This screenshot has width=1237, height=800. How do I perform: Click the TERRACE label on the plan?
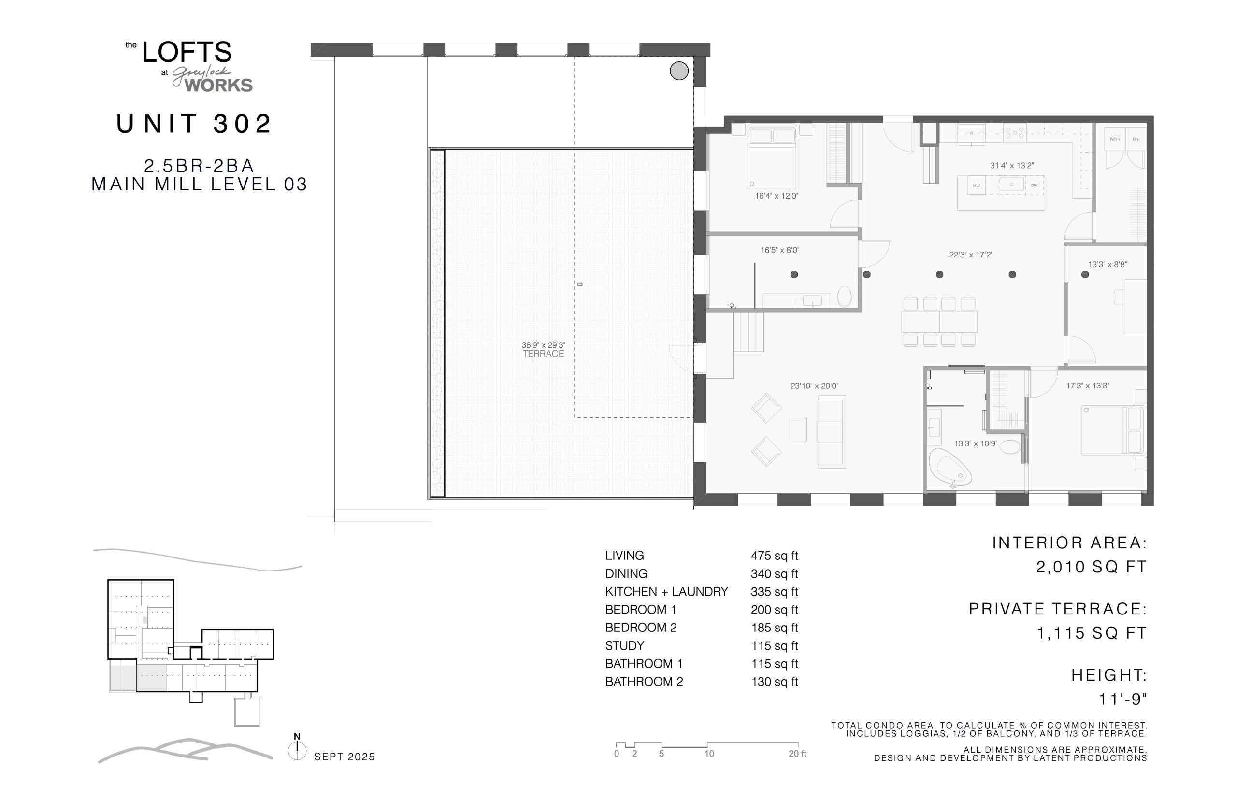click(x=543, y=354)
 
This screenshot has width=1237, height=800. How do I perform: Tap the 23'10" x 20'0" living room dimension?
click(x=814, y=386)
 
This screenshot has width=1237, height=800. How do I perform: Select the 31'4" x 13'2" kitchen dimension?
click(x=1011, y=166)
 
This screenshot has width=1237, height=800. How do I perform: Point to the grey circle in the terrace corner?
click(x=678, y=71)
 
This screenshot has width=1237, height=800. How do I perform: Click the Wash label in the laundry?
click(x=1114, y=139)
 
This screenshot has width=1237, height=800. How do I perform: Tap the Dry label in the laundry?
click(x=1136, y=139)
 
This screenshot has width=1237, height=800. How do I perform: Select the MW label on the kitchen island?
click(x=976, y=186)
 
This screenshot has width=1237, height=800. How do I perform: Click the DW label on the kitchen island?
click(x=1034, y=186)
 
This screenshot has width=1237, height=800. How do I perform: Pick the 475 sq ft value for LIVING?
click(x=774, y=556)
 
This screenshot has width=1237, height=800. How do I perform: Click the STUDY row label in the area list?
click(x=624, y=646)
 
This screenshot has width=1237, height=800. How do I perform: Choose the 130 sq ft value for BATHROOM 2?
click(x=774, y=682)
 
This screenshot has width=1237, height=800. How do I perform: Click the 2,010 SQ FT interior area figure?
click(x=1091, y=567)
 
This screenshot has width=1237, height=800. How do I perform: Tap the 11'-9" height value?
click(x=1122, y=699)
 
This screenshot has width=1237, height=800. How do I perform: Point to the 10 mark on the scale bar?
click(x=709, y=754)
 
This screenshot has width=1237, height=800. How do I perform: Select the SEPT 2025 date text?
click(x=345, y=757)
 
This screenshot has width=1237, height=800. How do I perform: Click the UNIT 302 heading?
click(x=194, y=124)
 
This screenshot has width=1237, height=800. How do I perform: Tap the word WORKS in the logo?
click(x=219, y=85)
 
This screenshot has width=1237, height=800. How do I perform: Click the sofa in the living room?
click(x=831, y=432)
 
